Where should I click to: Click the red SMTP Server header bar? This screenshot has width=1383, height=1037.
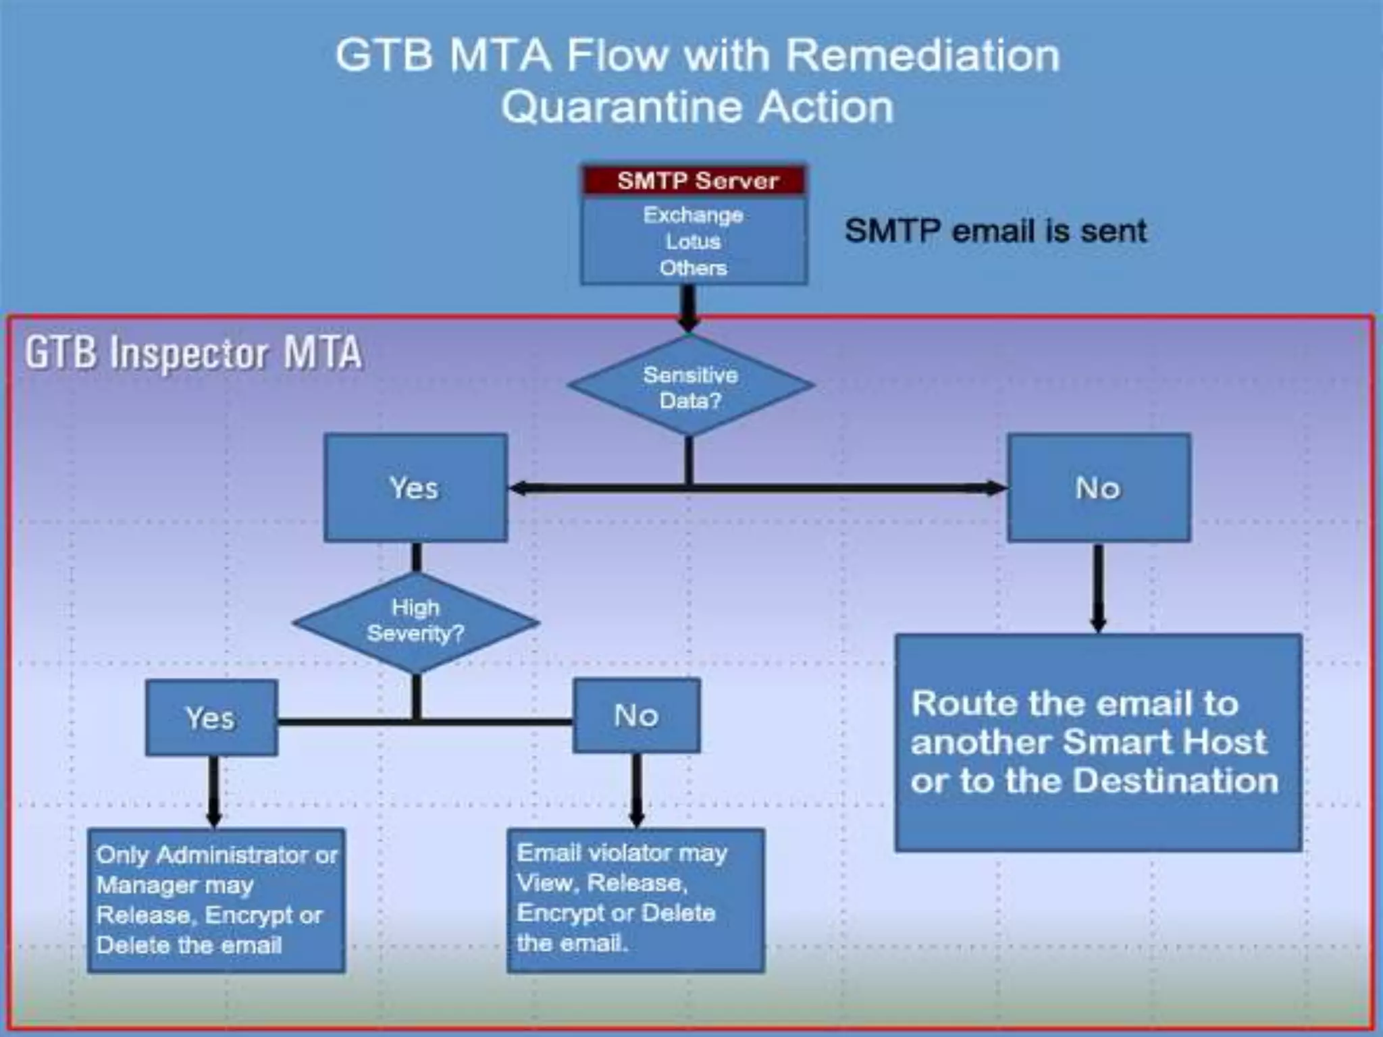click(694, 181)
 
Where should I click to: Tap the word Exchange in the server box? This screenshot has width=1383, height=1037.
click(693, 215)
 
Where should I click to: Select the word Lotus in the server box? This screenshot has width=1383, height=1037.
click(693, 242)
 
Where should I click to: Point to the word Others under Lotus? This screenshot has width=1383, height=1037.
click(693, 268)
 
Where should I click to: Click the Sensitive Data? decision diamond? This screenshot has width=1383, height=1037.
click(690, 387)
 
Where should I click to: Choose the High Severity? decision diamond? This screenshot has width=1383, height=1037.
click(415, 621)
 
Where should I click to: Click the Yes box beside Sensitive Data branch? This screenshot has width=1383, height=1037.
click(415, 487)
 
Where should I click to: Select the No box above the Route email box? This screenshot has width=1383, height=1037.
click(1098, 487)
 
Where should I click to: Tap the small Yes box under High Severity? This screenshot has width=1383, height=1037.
click(211, 718)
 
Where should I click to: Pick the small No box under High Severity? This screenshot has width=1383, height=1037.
click(636, 716)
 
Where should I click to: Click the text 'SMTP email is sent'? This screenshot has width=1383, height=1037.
click(995, 231)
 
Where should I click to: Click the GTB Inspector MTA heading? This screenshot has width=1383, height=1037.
click(193, 353)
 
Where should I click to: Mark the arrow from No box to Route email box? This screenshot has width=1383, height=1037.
click(1099, 587)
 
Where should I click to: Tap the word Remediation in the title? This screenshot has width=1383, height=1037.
click(922, 55)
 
